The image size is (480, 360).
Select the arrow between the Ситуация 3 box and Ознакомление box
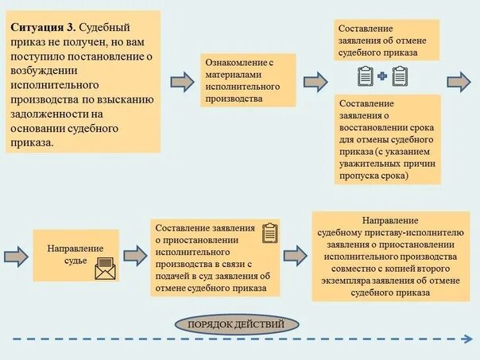tap(182, 81)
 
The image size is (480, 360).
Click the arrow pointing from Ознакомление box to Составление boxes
tap(315, 81)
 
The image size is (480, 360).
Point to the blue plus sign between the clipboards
tap(382, 77)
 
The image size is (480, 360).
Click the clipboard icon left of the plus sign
tap(366, 76)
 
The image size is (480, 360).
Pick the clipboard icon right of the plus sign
tap(399, 76)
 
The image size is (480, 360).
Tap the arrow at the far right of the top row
tap(459, 81)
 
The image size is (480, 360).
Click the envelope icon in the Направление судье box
tap(105, 268)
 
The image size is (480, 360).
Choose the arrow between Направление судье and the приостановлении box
tap(135, 255)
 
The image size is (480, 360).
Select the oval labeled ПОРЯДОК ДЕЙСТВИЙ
tap(238, 323)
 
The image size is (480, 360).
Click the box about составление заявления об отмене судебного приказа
tap(386, 39)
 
